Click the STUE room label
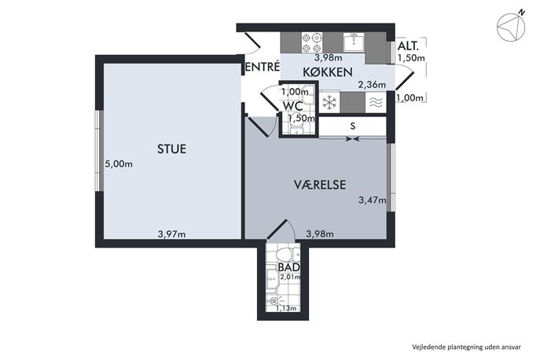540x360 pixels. pos(171,149)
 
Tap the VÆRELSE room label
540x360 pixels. pos(320,185)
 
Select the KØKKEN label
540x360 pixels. pos(328,72)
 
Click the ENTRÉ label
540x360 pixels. pos(263,67)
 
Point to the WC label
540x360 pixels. pos(292,105)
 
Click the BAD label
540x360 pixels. pos(288,267)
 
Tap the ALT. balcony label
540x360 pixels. pos(408,46)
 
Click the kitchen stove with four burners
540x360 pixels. pos(312,42)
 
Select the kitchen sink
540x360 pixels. pos(354,42)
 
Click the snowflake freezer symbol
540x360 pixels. pos(329,102)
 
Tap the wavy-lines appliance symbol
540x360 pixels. pos(376,102)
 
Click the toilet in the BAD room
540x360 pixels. pos(288,255)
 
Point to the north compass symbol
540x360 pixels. pos(511,27)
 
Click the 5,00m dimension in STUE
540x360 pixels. pos(119,164)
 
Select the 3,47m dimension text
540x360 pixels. pos(373,200)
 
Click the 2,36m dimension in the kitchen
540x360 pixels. pos(372,84)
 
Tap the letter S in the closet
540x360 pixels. pos(353,126)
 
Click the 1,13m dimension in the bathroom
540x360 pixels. pos(286,308)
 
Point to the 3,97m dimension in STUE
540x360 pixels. pos(171,234)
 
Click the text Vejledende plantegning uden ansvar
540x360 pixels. pos(467,347)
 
